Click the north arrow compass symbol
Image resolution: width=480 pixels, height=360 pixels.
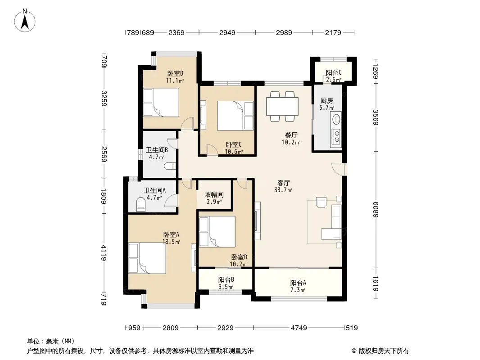pyautogui.click(x=25, y=21)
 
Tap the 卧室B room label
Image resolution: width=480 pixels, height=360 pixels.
pyautogui.click(x=175, y=74)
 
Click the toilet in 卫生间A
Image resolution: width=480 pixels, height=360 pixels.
pyautogui.click(x=141, y=205)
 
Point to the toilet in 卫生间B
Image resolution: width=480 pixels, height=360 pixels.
pyautogui.click(x=170, y=166)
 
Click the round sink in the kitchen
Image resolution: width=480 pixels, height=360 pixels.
pyautogui.click(x=336, y=119)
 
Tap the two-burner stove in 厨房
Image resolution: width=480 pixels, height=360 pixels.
pyautogui.click(x=336, y=136)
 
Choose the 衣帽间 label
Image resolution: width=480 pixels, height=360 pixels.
pyautogui.click(x=214, y=194)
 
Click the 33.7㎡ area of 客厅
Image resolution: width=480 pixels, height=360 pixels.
pyautogui.click(x=283, y=190)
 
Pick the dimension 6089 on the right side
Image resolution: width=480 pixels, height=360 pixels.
pyautogui.click(x=376, y=210)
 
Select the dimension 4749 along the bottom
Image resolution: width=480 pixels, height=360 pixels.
pyautogui.click(x=299, y=328)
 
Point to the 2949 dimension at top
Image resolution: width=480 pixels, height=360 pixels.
pyautogui.click(x=227, y=32)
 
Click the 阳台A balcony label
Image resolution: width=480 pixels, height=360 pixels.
pyautogui.click(x=298, y=283)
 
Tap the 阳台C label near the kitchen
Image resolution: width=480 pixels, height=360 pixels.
pyautogui.click(x=333, y=73)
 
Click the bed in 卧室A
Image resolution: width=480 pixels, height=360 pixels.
pyautogui.click(x=147, y=258)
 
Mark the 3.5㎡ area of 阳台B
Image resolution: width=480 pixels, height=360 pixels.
pyautogui.click(x=226, y=287)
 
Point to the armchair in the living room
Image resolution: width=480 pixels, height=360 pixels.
pyautogui.click(x=322, y=202)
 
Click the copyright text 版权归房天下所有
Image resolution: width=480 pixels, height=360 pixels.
pyautogui.click(x=384, y=351)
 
